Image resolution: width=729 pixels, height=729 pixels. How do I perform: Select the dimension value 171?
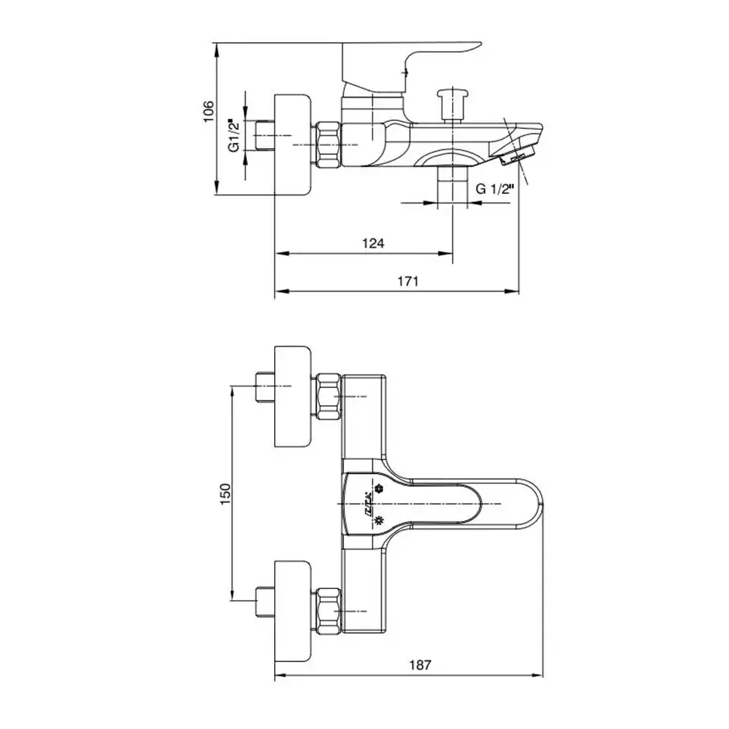(x=407, y=281)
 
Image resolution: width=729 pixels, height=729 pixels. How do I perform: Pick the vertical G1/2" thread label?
(x=235, y=135)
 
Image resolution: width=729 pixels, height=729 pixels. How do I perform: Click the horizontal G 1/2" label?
(x=495, y=188)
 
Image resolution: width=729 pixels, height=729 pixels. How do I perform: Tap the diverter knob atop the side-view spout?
(x=452, y=102)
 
